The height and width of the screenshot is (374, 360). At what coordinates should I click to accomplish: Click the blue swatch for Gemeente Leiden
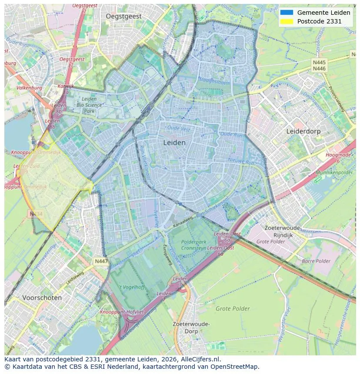tap(287, 13)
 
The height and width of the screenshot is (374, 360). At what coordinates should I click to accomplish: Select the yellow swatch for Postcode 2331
tap(287, 21)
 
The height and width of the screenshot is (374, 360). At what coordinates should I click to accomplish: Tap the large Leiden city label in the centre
tap(174, 142)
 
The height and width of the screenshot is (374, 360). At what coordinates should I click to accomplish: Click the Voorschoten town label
tap(42, 298)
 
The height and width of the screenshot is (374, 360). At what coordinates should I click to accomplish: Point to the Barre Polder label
tap(316, 261)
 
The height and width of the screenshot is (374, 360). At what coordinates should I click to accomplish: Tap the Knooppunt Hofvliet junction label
tap(121, 312)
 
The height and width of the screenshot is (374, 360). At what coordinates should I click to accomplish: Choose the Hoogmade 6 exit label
tap(339, 157)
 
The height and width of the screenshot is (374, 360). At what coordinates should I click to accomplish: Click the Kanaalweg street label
tap(182, 223)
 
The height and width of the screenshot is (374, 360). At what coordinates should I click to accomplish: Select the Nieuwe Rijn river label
tap(240, 161)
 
